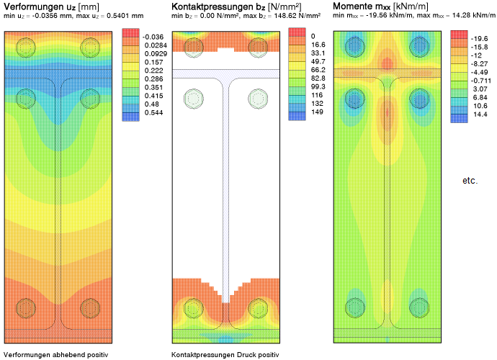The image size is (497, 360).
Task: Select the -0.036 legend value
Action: click(x=153, y=37)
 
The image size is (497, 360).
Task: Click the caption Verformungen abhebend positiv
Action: click(x=56, y=354)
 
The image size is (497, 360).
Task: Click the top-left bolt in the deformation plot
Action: click(x=25, y=48)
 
